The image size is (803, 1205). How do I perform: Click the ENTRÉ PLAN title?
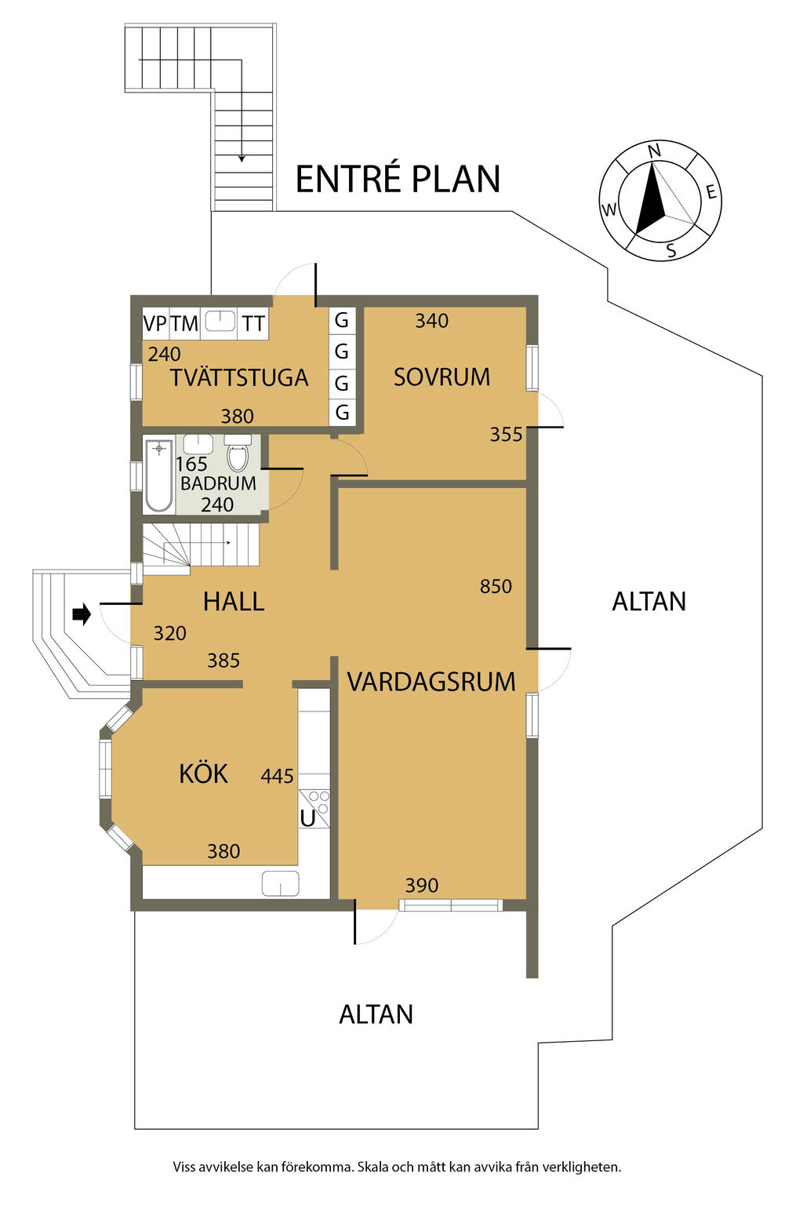[398, 179]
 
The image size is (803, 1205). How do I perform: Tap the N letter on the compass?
[655, 151]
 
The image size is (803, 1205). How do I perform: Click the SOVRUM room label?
[441, 377]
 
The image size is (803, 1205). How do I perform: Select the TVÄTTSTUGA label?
[239, 378]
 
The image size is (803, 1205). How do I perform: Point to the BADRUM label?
[218, 483]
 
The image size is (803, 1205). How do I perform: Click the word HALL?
[234, 602]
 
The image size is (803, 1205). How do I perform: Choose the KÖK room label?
[203, 774]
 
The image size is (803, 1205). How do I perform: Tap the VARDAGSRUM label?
[431, 682]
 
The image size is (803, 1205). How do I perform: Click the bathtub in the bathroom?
[158, 475]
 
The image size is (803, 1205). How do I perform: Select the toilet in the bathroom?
[238, 455]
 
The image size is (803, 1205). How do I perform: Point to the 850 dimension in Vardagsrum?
[496, 587]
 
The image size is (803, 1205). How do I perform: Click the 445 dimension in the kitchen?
[277, 777]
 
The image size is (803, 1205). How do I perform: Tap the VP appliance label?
[154, 323]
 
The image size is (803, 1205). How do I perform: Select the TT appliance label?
[253, 323]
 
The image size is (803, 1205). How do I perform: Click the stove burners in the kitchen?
[318, 802]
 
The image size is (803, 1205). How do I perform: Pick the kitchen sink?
[281, 883]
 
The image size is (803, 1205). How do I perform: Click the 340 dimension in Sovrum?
[431, 321]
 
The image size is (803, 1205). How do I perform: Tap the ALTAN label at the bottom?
[376, 1014]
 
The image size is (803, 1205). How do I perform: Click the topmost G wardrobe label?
[342, 320]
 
